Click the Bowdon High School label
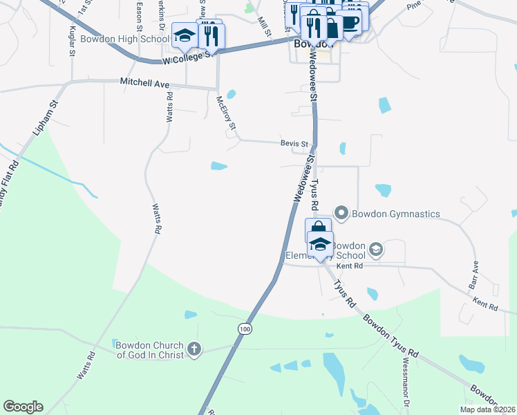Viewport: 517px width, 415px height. [x=125, y=38]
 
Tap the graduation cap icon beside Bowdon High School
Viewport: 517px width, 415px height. [x=184, y=35]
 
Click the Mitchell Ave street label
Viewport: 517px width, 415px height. [x=145, y=82]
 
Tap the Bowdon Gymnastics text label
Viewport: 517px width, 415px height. [x=396, y=214]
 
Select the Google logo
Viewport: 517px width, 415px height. [x=23, y=407]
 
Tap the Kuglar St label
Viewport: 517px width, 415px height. [x=72, y=41]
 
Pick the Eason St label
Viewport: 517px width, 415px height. [x=139, y=10]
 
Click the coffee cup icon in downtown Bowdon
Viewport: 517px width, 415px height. [x=351, y=22]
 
